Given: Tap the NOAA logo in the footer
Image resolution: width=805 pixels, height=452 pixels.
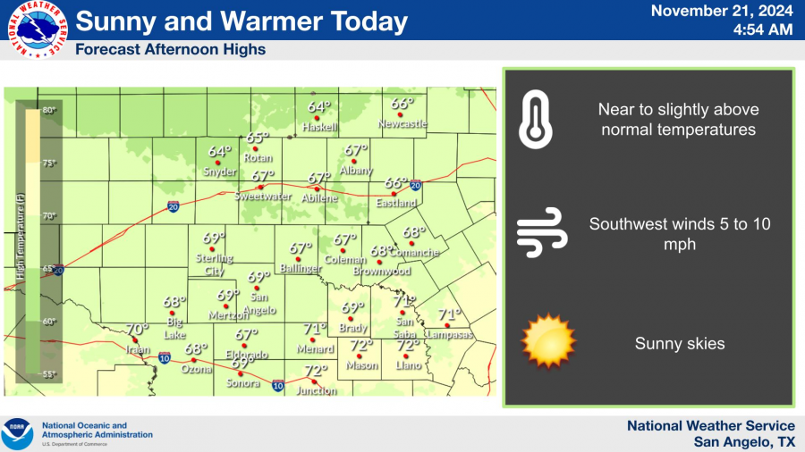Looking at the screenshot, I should tap(18, 433).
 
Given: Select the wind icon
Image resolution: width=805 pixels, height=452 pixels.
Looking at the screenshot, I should tap(541, 232).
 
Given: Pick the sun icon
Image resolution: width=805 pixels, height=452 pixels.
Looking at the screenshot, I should tap(547, 340).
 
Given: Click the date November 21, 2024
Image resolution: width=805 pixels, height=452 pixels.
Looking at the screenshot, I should tap(721, 12).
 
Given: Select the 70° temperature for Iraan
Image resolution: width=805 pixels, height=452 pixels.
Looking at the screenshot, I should tap(136, 329).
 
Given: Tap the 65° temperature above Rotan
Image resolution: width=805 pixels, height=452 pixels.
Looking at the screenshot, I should tap(257, 138).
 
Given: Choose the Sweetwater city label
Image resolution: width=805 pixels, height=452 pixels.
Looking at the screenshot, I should tap(261, 196).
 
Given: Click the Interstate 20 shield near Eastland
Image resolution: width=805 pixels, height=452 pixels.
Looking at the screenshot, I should tap(415, 185).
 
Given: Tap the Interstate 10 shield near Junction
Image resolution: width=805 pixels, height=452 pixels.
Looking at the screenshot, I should tap(278, 386).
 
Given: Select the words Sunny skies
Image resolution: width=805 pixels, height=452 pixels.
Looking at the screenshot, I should tap(679, 343).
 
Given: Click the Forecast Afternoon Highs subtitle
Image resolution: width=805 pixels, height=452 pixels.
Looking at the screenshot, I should tap(170, 50).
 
